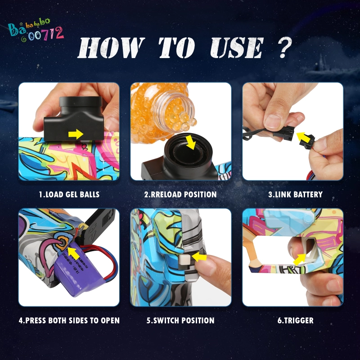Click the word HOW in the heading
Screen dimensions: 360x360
click(x=111, y=49)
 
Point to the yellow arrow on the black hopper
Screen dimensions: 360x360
click(x=77, y=134)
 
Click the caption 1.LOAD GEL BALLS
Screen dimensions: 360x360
click(x=69, y=195)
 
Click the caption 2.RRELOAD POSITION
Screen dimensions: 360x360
click(x=180, y=195)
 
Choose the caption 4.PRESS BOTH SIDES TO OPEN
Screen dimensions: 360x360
click(x=69, y=321)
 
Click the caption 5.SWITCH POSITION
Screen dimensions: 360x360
click(x=180, y=321)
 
